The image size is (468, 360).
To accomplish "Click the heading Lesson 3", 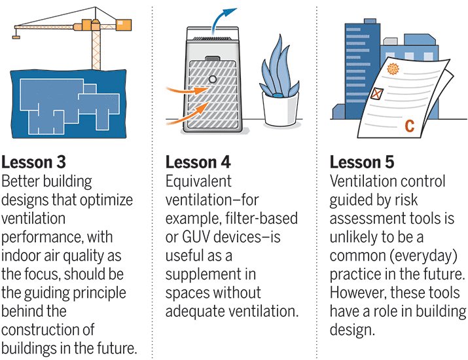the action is (33, 162).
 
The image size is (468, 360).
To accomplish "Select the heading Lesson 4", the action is (198, 162).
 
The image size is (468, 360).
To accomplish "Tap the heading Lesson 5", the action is (362, 162).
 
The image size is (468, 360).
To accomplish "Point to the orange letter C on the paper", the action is (410, 126).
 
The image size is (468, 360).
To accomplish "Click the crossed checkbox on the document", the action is (376, 94).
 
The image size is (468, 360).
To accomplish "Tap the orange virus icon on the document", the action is (393, 69).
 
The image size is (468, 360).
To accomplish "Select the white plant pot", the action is (280, 109).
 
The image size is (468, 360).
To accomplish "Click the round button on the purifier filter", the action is (213, 79).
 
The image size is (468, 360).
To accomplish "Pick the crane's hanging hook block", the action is (16, 37).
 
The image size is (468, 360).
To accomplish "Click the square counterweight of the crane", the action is (124, 24).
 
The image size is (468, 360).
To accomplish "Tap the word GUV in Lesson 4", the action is (196, 237).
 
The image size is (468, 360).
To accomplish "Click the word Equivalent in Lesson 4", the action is (198, 181).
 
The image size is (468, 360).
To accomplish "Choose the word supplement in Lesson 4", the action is (202, 275).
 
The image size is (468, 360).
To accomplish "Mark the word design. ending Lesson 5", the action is (352, 330).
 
